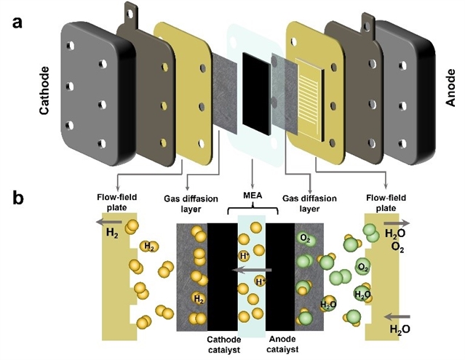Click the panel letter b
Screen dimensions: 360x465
click(x=19, y=199)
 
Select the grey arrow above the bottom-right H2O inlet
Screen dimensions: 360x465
click(x=398, y=316)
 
